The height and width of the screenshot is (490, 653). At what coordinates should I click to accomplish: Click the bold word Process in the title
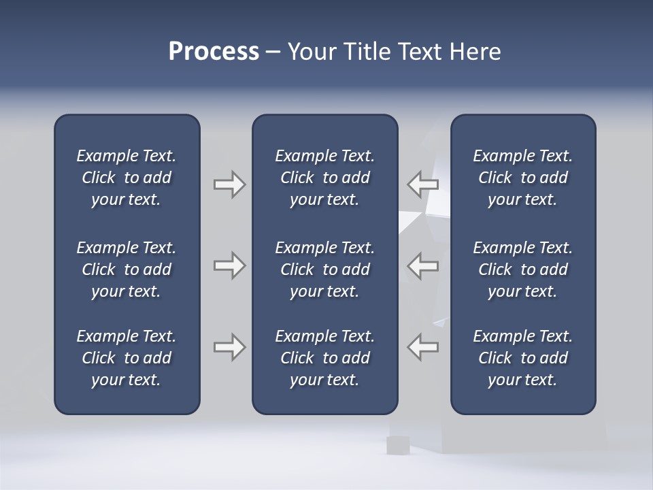tap(214, 52)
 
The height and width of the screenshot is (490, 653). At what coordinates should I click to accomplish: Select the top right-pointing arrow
tap(229, 184)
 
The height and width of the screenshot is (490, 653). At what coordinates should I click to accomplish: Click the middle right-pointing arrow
tap(229, 265)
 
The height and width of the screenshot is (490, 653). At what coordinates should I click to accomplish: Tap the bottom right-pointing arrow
tap(229, 347)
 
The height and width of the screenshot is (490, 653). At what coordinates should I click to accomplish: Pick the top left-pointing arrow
tap(422, 184)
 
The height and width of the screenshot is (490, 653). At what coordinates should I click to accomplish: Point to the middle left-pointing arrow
tap(422, 265)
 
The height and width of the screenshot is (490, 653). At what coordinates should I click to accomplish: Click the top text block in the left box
tap(127, 178)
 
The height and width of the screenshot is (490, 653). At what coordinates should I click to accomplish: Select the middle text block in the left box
tap(127, 269)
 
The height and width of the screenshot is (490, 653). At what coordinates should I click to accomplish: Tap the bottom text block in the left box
tap(127, 358)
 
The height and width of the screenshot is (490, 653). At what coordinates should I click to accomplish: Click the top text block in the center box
tap(324, 178)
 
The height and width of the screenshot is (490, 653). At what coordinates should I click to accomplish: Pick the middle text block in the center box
tap(324, 269)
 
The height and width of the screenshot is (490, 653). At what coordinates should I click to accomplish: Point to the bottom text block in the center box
tap(324, 358)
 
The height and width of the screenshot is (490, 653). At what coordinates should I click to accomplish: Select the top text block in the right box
tap(522, 178)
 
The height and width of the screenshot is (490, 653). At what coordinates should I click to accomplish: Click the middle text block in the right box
tap(522, 269)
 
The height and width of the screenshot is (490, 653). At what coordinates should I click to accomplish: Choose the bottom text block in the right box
tap(522, 358)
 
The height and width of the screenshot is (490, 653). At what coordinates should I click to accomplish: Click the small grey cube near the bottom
tap(397, 445)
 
